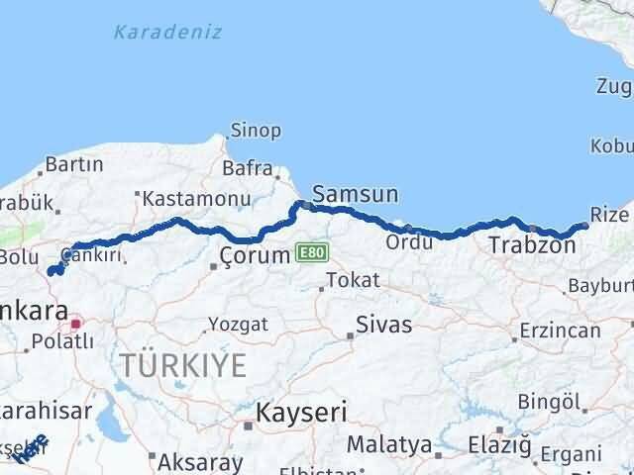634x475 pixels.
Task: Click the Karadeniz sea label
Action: coord(166,32)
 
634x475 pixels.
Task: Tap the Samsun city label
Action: coord(355,194)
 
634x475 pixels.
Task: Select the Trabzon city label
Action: coord(531,244)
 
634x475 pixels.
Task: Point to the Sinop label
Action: coord(256,130)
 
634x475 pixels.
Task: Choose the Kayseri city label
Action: coord(295,411)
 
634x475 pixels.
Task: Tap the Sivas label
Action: coord(385,325)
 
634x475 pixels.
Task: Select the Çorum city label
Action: coord(256,255)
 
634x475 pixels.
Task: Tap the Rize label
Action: coord(608,215)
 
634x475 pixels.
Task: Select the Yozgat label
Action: coord(238,324)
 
